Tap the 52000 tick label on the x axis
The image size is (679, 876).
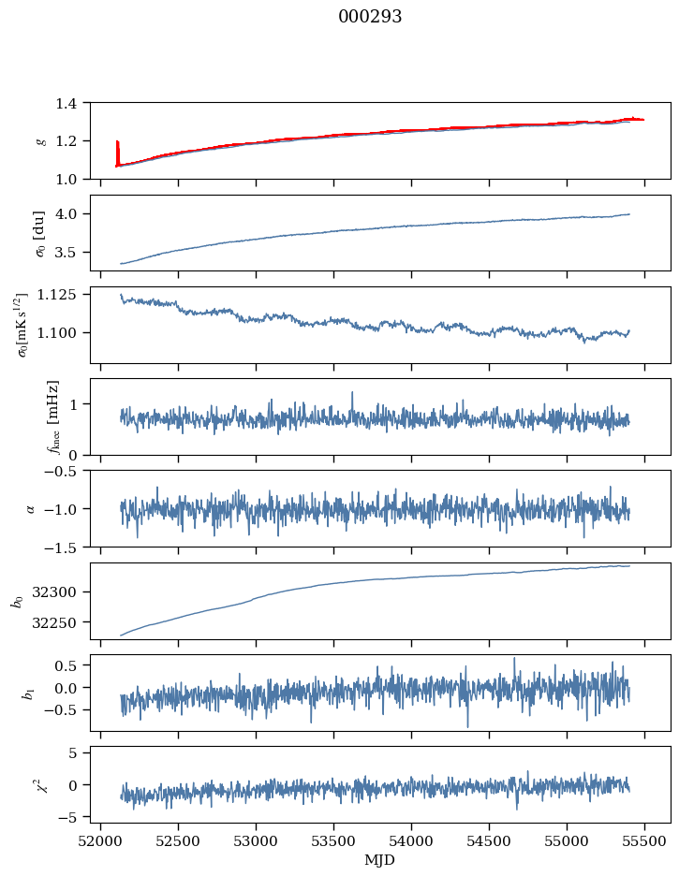click(101, 840)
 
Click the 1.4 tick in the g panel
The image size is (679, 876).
click(71, 103)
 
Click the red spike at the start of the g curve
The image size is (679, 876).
click(117, 150)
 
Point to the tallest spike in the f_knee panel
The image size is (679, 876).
click(352, 393)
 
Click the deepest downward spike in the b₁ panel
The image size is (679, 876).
click(467, 725)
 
